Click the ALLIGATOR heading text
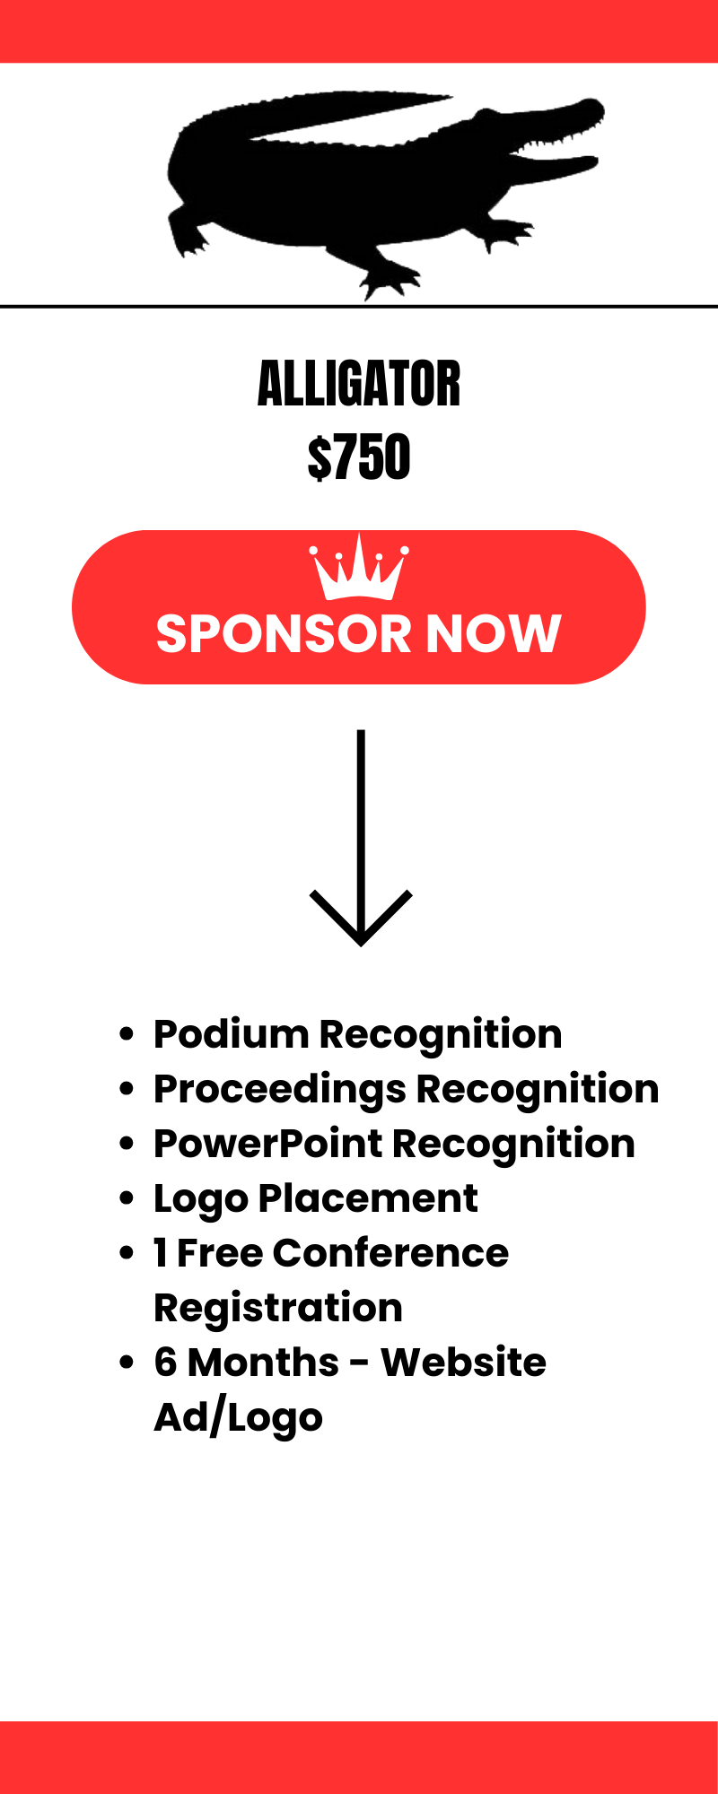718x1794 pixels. [359, 384]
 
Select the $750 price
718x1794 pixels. [359, 457]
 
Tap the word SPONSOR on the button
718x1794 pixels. [284, 634]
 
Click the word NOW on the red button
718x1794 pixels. [493, 634]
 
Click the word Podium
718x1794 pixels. [231, 1034]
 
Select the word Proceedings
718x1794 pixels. [279, 1089]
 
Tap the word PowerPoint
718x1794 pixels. [267, 1144]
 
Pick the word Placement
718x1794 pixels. [368, 1198]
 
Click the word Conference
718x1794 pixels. [390, 1253]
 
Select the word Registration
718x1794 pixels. [278, 1309]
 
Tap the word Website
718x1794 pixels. [463, 1363]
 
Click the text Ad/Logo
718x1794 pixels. [238, 1418]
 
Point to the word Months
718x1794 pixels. [264, 1363]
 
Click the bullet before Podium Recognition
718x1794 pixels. [127, 1034]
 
